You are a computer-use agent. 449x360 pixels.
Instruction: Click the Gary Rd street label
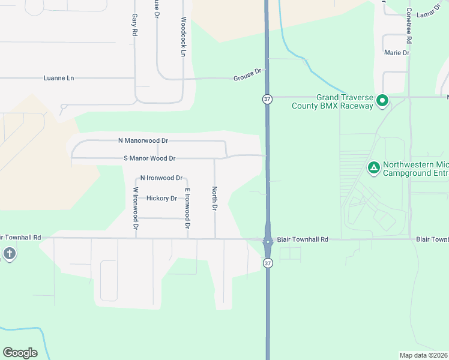click(134, 26)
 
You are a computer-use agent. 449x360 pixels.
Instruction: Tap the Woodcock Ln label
click(183, 37)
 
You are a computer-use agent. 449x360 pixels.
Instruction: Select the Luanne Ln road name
click(59, 78)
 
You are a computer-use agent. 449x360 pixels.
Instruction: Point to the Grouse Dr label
click(248, 75)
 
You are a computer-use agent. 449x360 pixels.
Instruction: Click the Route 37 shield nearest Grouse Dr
click(267, 98)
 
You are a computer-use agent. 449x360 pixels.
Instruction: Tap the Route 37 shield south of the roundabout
click(267, 263)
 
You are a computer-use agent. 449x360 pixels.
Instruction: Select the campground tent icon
click(373, 168)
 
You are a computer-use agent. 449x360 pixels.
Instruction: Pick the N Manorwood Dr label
click(143, 140)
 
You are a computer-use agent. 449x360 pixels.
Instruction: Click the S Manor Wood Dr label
click(149, 158)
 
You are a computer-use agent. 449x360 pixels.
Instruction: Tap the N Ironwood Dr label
click(161, 178)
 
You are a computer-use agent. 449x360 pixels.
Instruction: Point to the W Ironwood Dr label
click(135, 209)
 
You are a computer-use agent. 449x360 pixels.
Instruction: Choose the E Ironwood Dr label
click(187, 209)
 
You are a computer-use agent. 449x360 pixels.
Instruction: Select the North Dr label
click(214, 199)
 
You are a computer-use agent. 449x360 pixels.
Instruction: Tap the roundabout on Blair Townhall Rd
click(268, 241)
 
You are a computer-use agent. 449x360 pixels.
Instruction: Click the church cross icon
click(9, 253)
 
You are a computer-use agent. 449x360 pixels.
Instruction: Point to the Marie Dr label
click(397, 53)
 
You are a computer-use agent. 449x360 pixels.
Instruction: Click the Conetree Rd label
click(408, 25)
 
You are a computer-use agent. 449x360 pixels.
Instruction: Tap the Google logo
click(20, 353)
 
